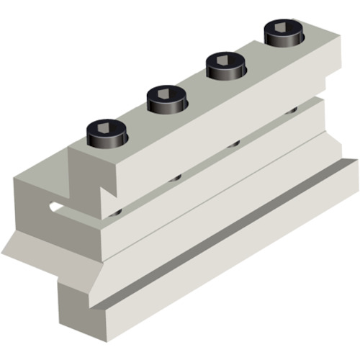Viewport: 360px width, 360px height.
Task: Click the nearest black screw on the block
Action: tap(107, 133)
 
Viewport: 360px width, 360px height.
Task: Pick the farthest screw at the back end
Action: tap(283, 33)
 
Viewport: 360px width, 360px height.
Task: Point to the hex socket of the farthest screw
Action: tap(283, 27)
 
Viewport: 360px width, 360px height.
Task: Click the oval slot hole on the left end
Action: tap(55, 208)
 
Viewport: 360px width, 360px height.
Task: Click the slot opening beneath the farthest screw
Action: tap(292, 110)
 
